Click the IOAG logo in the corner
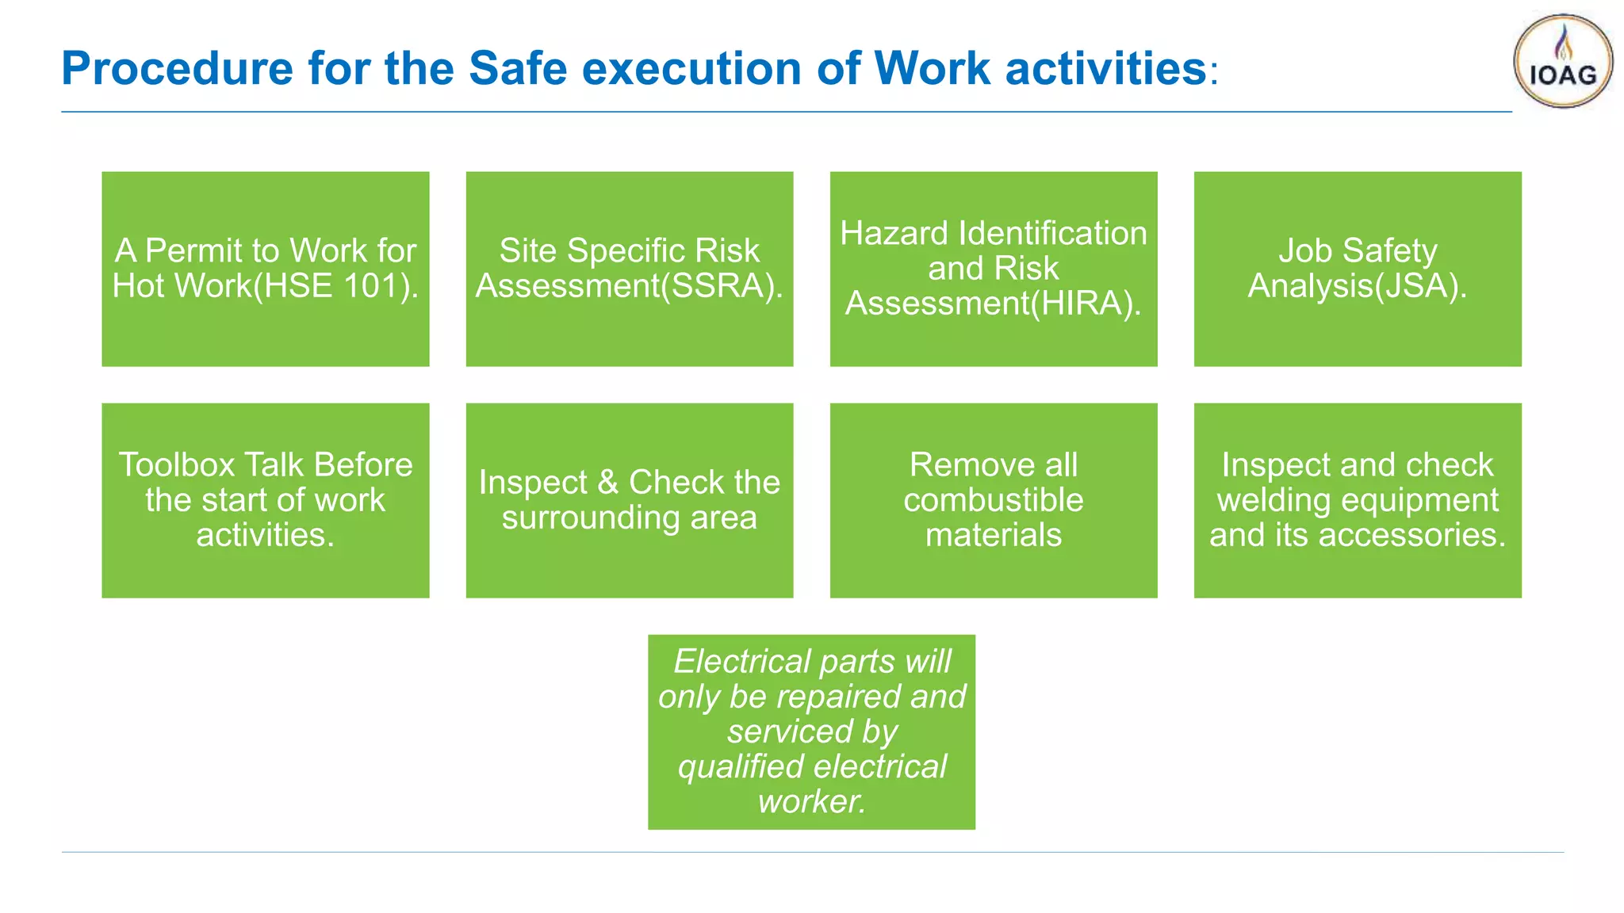[x=1562, y=62]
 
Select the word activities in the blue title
[x=1105, y=68]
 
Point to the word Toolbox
[x=175, y=465]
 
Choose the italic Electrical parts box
[x=811, y=732]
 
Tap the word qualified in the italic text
[x=741, y=767]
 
